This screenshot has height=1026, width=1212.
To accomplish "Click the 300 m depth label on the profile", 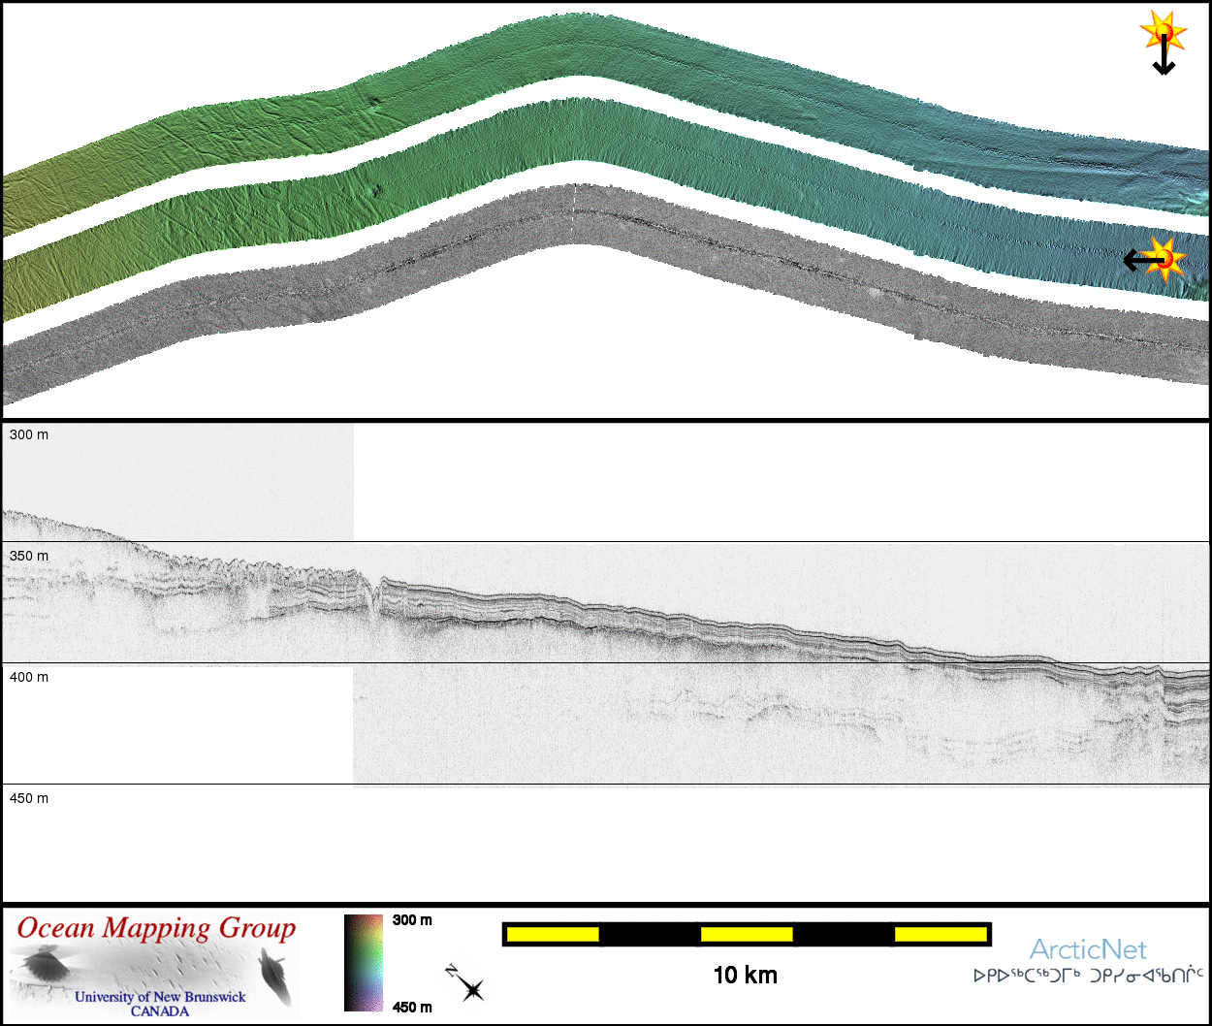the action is pyautogui.click(x=29, y=434).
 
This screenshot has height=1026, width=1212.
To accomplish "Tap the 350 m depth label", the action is pyautogui.click(x=29, y=556).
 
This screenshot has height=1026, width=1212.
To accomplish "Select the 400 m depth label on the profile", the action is pyautogui.click(x=29, y=677).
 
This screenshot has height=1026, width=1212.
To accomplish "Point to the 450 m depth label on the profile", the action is pyautogui.click(x=29, y=798).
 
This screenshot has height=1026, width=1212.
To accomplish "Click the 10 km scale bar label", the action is pyautogui.click(x=746, y=976).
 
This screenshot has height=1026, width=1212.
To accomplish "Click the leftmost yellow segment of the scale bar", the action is pyautogui.click(x=553, y=934).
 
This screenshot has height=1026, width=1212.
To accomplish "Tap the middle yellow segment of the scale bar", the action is pyautogui.click(x=747, y=934).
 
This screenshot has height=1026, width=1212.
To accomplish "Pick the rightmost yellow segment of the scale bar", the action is pyautogui.click(x=941, y=934).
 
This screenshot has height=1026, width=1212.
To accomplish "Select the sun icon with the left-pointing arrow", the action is pyautogui.click(x=1155, y=259).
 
